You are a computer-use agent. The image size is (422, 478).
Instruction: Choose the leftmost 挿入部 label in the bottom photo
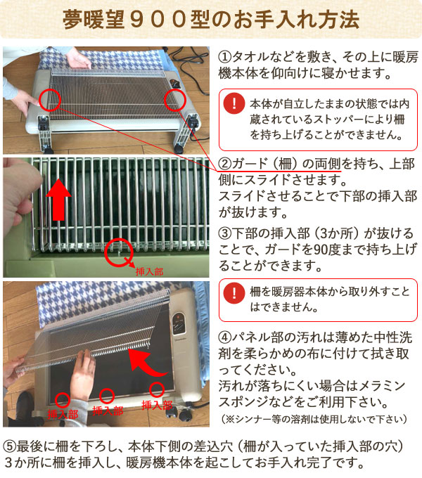(62, 414)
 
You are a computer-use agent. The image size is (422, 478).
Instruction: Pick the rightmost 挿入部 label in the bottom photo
(157, 405)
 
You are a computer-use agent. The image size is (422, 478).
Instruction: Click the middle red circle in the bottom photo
(108, 396)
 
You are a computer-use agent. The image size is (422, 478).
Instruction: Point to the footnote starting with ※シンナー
(313, 419)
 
